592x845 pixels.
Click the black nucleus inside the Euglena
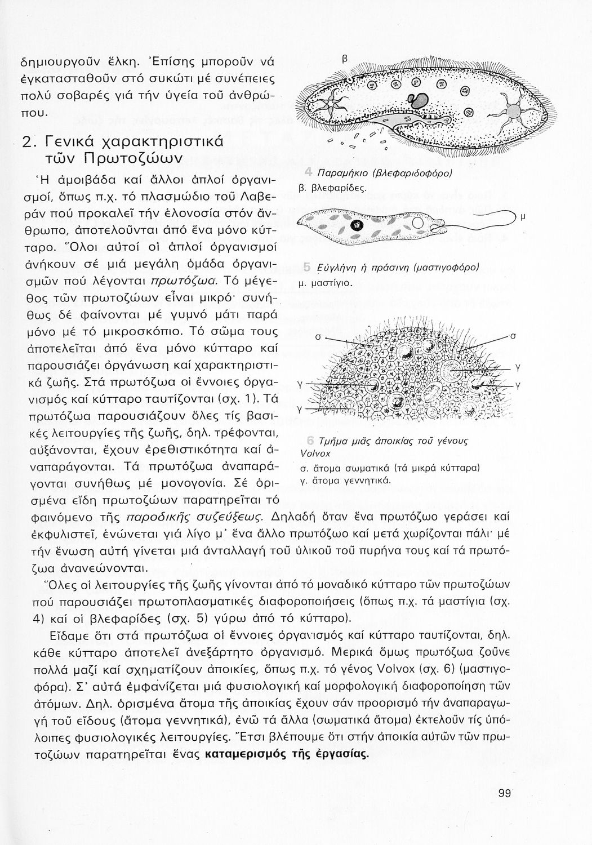coord(355,226)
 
